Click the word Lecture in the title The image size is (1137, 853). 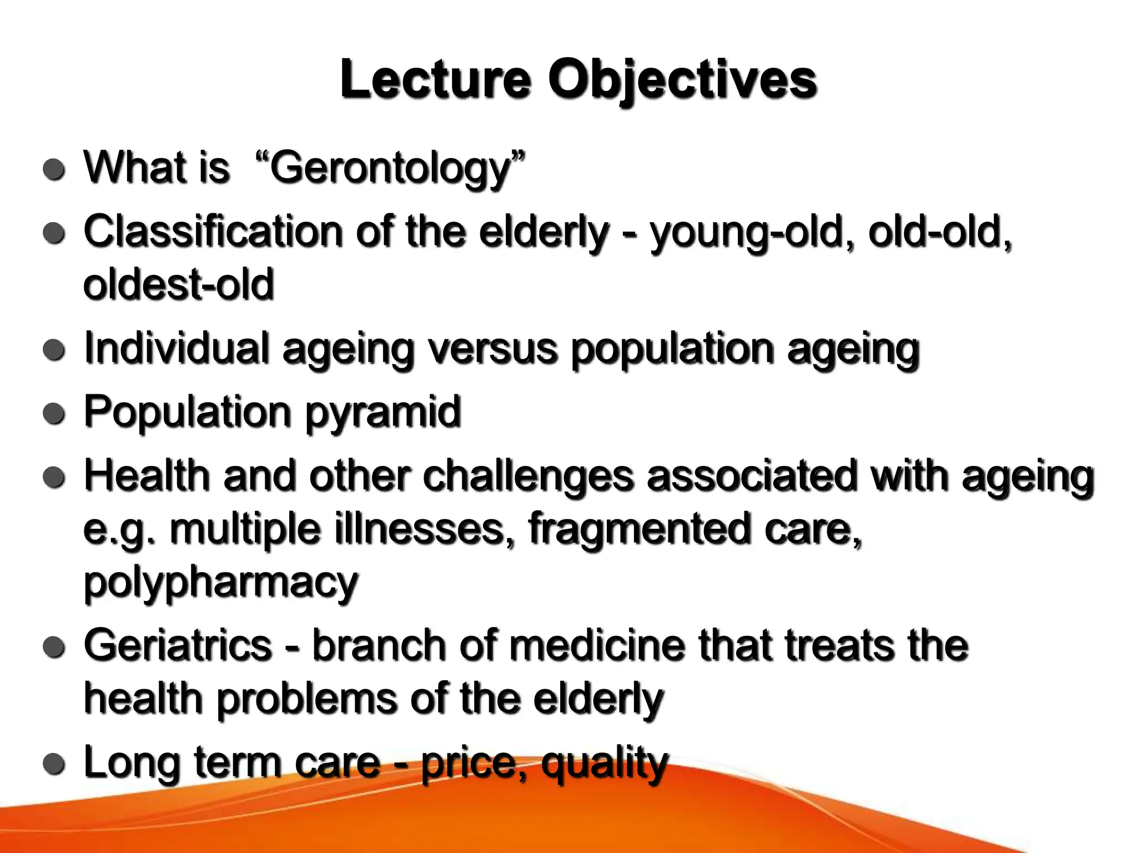click(436, 81)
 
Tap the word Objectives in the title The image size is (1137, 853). click(682, 81)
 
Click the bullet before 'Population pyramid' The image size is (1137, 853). click(54, 414)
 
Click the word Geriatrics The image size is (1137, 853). click(178, 645)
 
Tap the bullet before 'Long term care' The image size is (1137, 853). click(54, 764)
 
